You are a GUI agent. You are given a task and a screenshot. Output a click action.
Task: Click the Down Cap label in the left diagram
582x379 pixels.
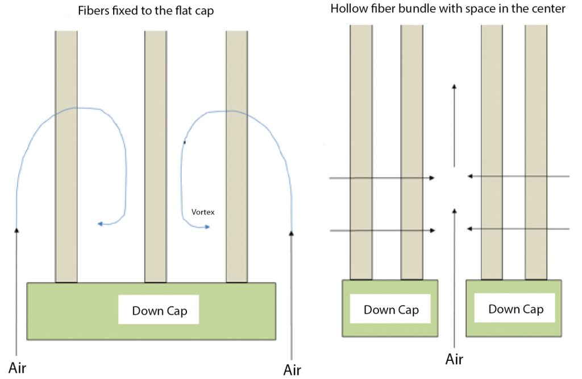point(159,311)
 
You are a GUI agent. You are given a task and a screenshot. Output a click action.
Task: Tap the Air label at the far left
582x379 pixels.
point(17,367)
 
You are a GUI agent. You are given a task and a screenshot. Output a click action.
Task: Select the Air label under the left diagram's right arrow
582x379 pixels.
point(292,370)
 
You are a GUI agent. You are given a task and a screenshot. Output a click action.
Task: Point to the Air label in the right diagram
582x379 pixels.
point(454,359)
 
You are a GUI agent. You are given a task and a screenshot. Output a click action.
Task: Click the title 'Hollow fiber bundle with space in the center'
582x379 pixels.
point(448,10)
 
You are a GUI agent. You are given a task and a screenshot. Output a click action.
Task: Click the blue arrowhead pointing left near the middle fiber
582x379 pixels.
point(101,224)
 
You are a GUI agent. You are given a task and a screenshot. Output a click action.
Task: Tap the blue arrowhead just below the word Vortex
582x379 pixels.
point(206,227)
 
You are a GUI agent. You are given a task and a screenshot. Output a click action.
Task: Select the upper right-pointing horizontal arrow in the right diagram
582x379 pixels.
point(382,178)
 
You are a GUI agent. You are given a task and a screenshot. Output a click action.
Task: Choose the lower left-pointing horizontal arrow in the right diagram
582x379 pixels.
point(517,229)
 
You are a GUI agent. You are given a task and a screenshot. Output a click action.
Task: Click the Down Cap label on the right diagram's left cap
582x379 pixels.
point(391,310)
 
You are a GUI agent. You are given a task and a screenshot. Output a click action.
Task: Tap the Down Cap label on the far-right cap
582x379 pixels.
point(516,309)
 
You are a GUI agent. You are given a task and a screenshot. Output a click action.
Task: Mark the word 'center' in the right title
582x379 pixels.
point(548,10)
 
